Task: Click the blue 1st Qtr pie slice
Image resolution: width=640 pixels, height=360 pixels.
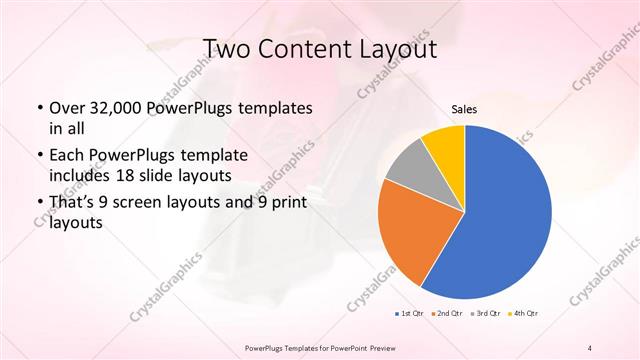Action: (505, 215)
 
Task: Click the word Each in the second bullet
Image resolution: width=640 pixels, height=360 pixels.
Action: (68, 155)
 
